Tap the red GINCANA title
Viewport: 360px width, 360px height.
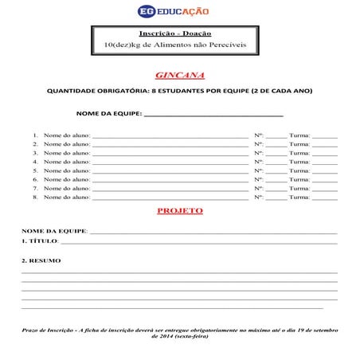tap(180, 75)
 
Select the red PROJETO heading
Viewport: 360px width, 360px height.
tap(180, 210)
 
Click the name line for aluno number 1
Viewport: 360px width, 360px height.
tap(170, 136)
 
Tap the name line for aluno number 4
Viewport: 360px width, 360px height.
tap(170, 162)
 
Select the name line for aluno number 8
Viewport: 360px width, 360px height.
tap(170, 197)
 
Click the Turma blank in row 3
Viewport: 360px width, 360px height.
tap(325, 153)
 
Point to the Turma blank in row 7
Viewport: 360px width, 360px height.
tap(325, 188)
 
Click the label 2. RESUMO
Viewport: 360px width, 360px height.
tap(41, 260)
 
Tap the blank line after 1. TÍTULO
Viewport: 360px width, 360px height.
tap(199, 241)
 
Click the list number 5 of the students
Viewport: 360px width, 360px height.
tap(36, 170)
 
